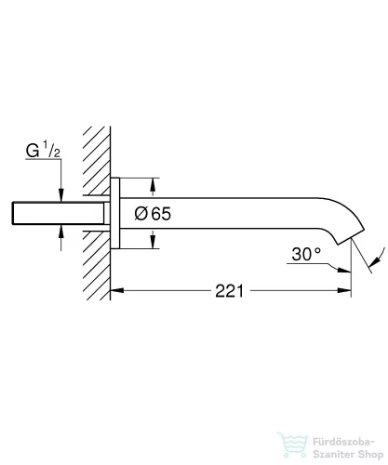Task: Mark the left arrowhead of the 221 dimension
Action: [118, 290]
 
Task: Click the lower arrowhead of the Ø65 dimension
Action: [151, 244]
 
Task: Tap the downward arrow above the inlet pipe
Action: [61, 192]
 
